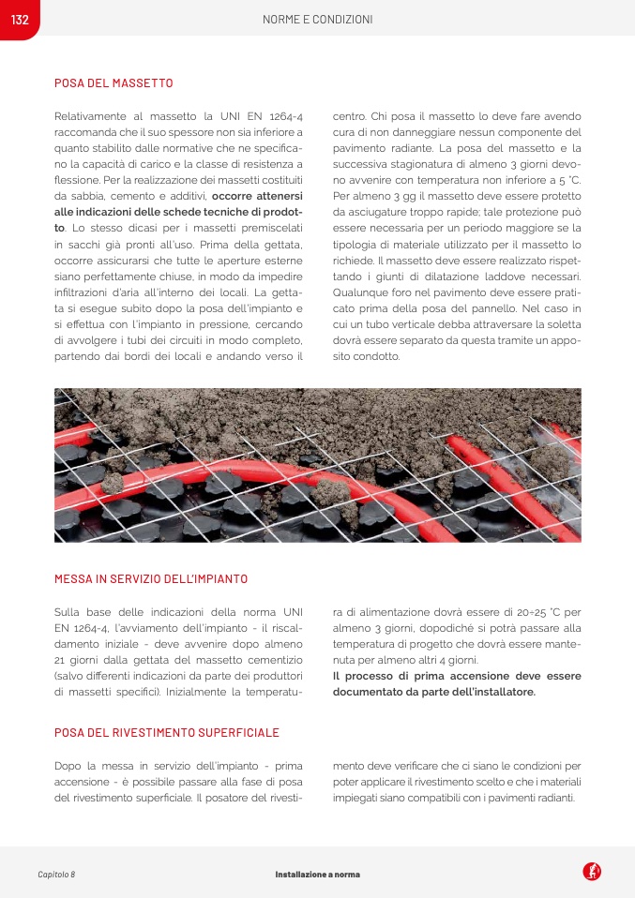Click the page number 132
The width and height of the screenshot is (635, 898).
coord(20,20)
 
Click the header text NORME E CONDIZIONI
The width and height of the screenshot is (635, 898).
coord(317,20)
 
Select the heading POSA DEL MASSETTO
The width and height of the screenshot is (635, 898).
coord(113,83)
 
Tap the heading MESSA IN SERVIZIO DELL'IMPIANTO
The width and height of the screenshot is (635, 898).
coord(151,579)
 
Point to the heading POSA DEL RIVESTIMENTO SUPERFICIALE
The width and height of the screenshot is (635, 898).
coord(167,732)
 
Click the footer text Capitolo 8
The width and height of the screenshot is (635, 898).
coord(56,874)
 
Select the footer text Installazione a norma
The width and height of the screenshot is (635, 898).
coord(317,874)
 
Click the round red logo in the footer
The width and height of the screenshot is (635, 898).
coord(592,872)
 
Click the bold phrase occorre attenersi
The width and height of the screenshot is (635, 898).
coord(257,196)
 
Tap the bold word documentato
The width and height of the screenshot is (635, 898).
coord(374,692)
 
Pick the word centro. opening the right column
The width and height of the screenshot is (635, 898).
coord(351,116)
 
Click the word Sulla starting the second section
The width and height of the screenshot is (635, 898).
coord(69,611)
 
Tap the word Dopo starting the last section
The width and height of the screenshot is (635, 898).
coord(70,765)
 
